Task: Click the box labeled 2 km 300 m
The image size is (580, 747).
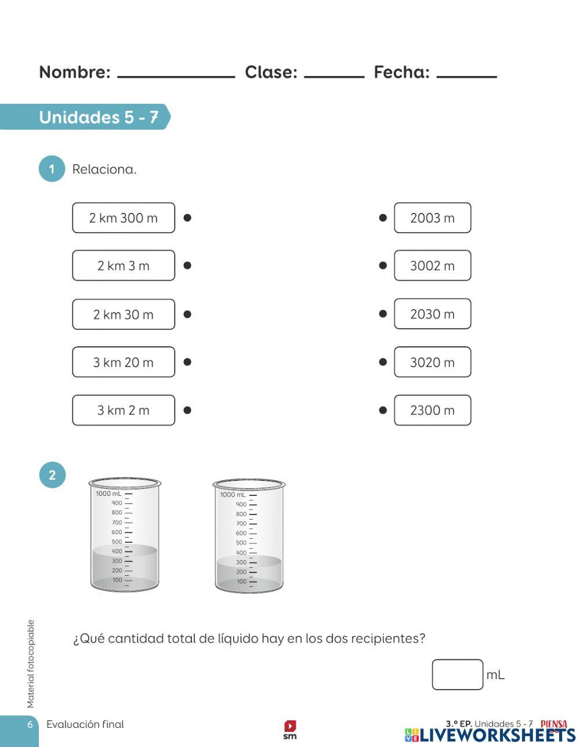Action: [x=123, y=218]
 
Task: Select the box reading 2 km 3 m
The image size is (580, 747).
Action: [x=123, y=266]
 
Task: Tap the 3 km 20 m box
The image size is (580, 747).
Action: [x=123, y=362]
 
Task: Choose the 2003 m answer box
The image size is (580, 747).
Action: [x=432, y=218]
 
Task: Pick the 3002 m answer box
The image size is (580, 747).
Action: [x=432, y=266]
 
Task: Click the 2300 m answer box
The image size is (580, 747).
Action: [x=432, y=410]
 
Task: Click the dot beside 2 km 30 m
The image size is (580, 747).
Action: [x=187, y=314]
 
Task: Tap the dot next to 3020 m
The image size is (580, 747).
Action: [x=383, y=362]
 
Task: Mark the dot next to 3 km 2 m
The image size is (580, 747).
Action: [x=187, y=410]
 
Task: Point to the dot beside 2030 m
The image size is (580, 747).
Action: [x=383, y=314]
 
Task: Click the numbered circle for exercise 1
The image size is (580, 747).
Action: [x=52, y=169]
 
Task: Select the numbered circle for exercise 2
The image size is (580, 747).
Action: [x=52, y=476]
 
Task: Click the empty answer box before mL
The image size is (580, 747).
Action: [x=457, y=675]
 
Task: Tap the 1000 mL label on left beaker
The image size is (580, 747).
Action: [x=108, y=494]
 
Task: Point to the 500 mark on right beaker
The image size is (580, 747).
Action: [x=241, y=543]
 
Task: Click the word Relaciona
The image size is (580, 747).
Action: [x=104, y=169]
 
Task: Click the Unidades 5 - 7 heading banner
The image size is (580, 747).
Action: [x=99, y=117]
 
